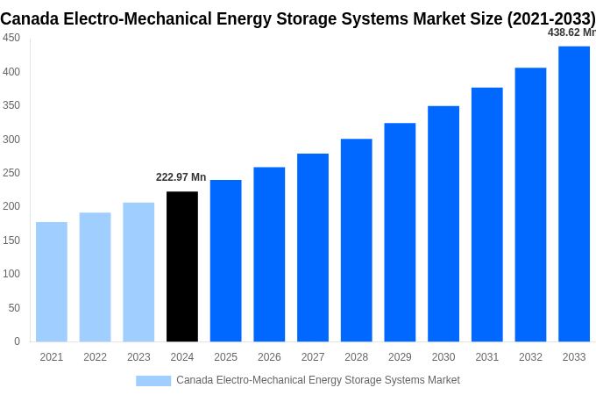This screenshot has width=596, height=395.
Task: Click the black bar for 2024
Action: [x=182, y=267]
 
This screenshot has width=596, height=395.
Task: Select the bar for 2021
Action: [x=52, y=282]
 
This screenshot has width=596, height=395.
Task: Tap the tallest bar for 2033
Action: [x=574, y=194]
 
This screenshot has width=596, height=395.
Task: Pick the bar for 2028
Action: [x=357, y=241]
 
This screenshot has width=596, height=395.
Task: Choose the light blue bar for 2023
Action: [x=138, y=272]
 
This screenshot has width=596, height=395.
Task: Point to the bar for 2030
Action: [x=443, y=224]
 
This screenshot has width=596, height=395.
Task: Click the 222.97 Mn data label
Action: [x=181, y=177]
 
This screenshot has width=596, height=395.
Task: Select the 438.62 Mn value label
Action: [x=571, y=32]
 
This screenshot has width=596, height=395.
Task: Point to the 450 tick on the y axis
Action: [x=11, y=38]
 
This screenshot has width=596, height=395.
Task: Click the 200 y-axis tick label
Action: [x=11, y=206]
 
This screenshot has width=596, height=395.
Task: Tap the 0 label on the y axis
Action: [x=17, y=341]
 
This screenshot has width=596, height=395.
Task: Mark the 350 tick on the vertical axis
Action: [x=11, y=105]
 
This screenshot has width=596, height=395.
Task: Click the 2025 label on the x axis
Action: [x=225, y=357]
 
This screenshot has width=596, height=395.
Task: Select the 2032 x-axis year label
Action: [x=530, y=357]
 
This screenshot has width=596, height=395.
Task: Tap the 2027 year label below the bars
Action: [x=313, y=357]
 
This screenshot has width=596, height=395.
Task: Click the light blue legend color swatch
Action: [x=153, y=380]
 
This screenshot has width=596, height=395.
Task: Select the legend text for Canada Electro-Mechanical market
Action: [x=317, y=380]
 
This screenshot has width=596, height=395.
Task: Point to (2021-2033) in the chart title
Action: [x=550, y=18]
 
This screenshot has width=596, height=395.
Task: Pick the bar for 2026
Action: [x=269, y=255]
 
